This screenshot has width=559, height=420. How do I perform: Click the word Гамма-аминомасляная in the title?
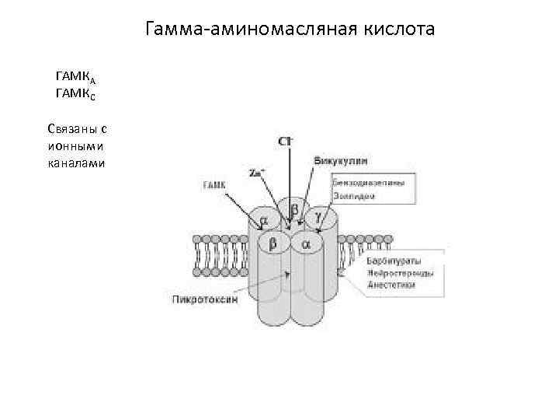point(248,31)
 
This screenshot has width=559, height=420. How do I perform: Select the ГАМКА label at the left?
point(75,79)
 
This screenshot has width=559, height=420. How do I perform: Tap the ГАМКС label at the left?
point(75,95)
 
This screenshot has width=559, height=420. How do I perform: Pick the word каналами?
point(75,163)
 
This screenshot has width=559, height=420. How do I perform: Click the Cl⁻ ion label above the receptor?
point(286,141)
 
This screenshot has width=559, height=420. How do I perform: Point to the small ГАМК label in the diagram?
point(214,185)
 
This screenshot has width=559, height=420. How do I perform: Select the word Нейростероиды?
point(399,273)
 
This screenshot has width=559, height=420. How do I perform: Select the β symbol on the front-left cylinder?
point(273,244)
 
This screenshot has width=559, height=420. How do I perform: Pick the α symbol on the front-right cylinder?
point(306,244)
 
